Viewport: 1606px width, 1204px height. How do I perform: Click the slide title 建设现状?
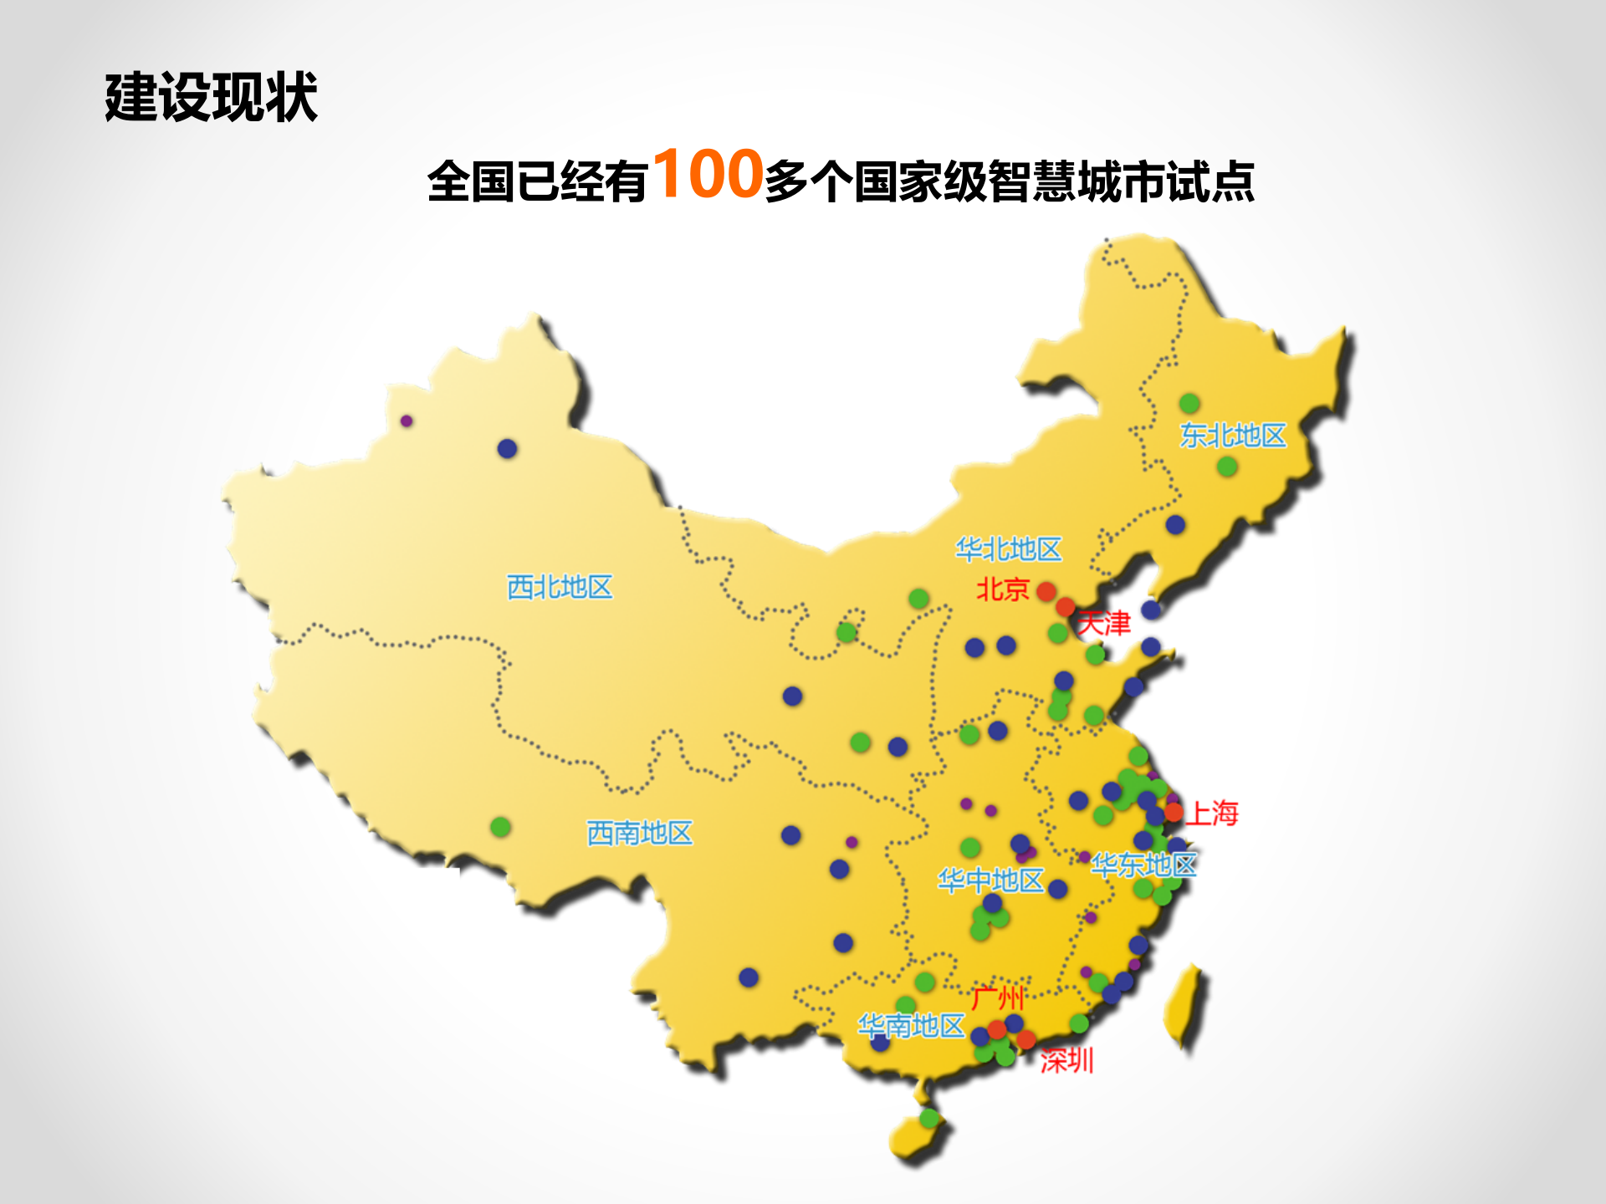coord(211,98)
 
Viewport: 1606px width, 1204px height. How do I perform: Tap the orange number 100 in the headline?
coord(708,174)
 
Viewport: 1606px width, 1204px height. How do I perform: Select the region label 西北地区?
coord(560,587)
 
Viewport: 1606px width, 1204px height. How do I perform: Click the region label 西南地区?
coord(640,833)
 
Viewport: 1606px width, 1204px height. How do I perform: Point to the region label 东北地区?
coord(1233,436)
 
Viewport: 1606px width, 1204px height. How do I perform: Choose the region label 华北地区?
coord(1009,549)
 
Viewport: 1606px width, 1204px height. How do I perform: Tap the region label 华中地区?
coord(990,880)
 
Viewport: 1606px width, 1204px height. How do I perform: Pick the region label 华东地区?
coord(1143,865)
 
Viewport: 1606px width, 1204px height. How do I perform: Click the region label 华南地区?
coord(912,1025)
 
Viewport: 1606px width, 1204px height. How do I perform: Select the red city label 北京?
coord(1003,589)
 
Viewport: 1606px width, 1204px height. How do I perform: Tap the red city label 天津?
coord(1104,624)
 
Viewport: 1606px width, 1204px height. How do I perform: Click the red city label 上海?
coord(1213,813)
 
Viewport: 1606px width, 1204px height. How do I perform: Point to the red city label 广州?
coord(997,997)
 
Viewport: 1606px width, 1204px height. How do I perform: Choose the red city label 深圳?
coord(1066,1061)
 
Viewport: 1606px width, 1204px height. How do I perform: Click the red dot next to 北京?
coord(1046,592)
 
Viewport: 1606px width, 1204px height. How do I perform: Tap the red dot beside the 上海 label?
coord(1174,812)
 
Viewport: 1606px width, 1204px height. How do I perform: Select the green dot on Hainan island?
coord(929,1118)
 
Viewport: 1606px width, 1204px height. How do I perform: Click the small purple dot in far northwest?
coord(407,421)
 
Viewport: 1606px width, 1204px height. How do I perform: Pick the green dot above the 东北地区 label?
coord(1189,404)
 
